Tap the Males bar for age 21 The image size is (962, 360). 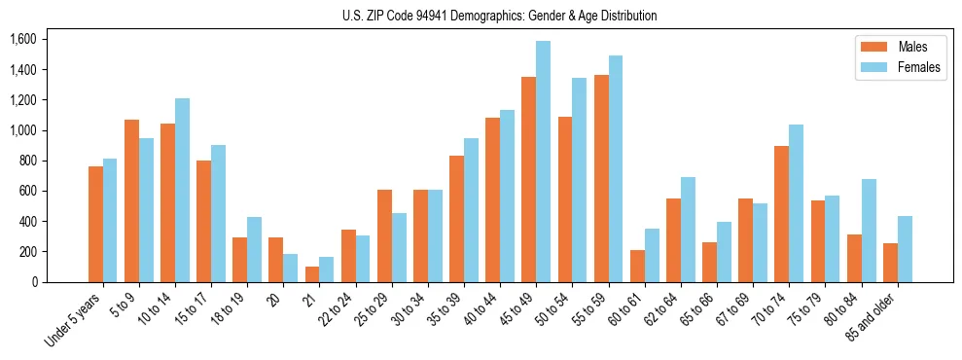tap(312, 274)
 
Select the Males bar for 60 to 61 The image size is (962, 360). tap(636, 266)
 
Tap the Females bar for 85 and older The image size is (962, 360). tap(905, 249)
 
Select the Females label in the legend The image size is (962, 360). tap(919, 68)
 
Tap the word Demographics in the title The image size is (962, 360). tap(487, 16)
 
